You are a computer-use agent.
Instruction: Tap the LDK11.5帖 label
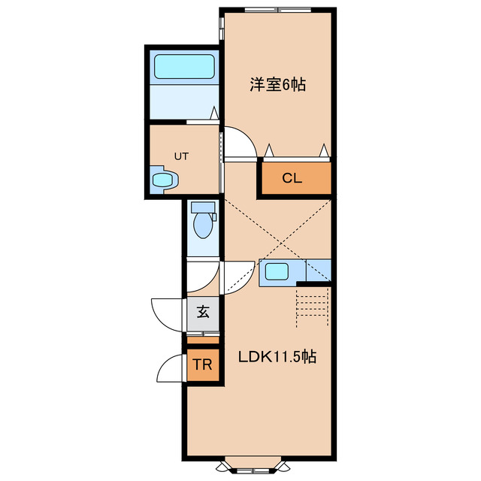pyautogui.click(x=277, y=358)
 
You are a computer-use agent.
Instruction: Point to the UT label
pyautogui.click(x=181, y=156)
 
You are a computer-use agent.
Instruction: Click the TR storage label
pyautogui.click(x=202, y=366)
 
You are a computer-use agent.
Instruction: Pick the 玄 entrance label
pyautogui.click(x=203, y=312)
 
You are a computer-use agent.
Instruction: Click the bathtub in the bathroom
pyautogui.click(x=184, y=68)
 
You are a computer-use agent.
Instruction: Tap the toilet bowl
pyautogui.click(x=202, y=223)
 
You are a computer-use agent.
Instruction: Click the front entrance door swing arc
pyautogui.click(x=167, y=312)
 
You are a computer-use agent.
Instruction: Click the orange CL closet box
pyautogui.click(x=295, y=178)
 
